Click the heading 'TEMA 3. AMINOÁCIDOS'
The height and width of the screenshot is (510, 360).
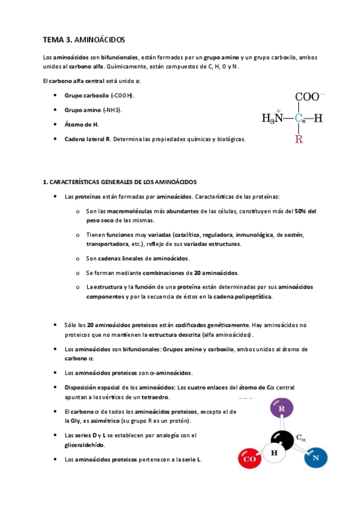[x=84, y=40]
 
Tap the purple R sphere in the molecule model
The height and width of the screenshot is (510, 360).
[x=281, y=411]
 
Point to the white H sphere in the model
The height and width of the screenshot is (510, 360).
[x=274, y=453]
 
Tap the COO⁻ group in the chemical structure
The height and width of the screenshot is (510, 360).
[x=310, y=96]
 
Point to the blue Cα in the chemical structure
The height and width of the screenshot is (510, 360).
[x=300, y=118]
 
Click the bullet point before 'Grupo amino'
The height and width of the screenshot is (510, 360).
[x=55, y=110]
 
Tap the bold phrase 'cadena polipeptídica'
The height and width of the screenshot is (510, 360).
[x=243, y=296]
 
